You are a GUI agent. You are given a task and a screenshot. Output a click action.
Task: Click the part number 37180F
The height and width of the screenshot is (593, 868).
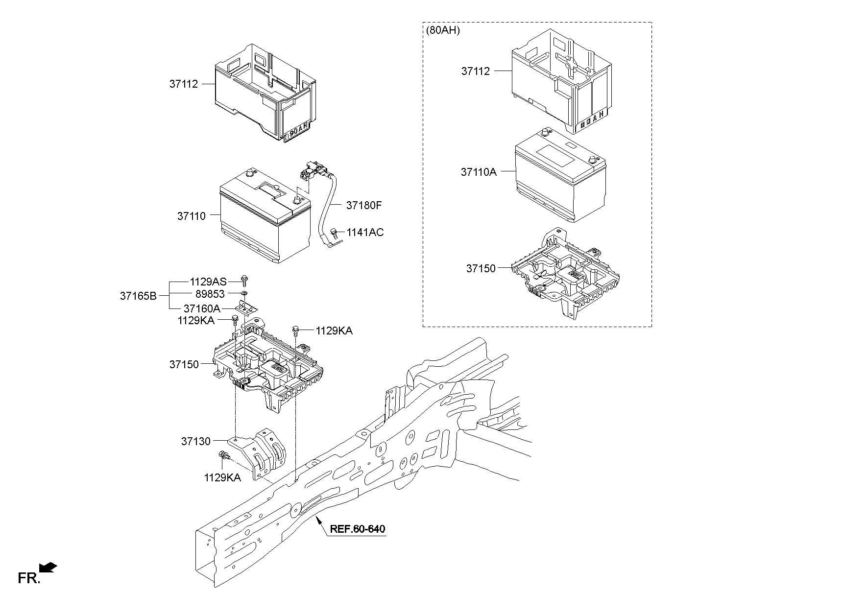363,205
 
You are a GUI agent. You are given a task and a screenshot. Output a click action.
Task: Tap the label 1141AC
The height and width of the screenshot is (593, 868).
365,233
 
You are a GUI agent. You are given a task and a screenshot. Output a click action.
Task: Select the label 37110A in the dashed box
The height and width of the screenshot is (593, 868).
478,172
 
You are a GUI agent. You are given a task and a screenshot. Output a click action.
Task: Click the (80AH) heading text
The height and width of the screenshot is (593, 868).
443,30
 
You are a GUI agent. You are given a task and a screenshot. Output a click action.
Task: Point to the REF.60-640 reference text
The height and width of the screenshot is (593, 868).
357,529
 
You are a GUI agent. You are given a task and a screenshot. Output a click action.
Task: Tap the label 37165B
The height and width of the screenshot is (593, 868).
138,296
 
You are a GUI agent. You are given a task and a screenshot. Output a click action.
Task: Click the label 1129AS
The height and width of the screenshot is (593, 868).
208,282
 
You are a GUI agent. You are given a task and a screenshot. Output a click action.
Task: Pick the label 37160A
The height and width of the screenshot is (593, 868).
202,308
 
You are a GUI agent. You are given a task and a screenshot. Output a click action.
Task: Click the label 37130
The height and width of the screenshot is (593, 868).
195,441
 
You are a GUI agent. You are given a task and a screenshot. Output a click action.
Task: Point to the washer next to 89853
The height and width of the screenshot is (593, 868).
244,294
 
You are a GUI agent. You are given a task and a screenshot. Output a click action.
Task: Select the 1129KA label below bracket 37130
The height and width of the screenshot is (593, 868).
222,477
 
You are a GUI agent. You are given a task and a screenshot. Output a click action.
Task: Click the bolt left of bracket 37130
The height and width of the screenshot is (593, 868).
223,456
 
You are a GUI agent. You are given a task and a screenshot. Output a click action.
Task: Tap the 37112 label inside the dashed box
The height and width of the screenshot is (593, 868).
475,71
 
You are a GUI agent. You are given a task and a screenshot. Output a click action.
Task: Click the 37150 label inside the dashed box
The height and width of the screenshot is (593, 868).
481,269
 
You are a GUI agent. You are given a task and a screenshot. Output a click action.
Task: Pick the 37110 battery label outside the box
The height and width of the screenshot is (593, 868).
191,216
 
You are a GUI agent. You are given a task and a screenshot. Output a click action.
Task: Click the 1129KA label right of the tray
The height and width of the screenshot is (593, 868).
334,331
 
